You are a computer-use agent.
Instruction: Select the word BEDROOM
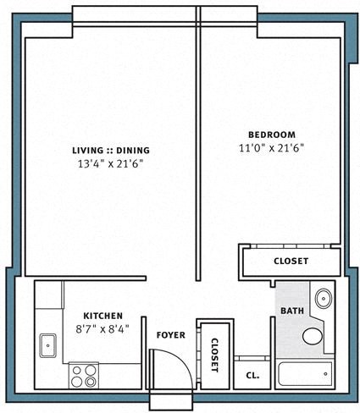coord(271,135)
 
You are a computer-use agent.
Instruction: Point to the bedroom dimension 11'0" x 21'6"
coord(271,147)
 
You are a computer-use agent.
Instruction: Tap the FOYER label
coord(170,335)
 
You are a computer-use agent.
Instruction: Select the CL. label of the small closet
coord(252,375)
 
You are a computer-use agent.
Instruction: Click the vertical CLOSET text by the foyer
coord(213,355)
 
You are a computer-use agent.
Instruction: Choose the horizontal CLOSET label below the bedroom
coord(291,262)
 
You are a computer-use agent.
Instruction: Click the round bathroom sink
coord(323,298)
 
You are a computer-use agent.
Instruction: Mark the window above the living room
coord(135,14)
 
